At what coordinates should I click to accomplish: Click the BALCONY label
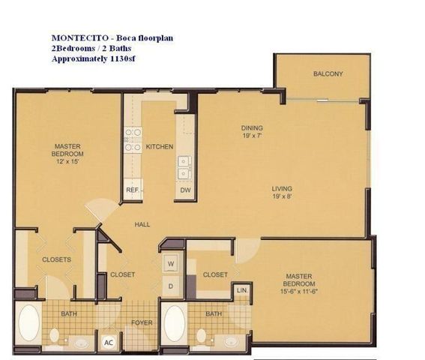(x=328, y=73)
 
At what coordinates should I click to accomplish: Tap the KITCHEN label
(x=160, y=146)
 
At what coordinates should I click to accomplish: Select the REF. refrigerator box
(x=133, y=190)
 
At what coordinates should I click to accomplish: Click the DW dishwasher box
(x=184, y=190)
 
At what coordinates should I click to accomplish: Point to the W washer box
(x=171, y=264)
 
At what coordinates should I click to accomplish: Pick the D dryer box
(x=171, y=286)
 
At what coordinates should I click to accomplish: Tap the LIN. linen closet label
(x=242, y=289)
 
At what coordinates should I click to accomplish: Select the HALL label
(x=143, y=224)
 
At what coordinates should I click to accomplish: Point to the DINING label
(x=252, y=127)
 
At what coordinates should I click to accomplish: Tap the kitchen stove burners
(x=133, y=140)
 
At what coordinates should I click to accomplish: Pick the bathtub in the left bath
(x=29, y=323)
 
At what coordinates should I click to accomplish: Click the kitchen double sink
(x=184, y=167)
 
